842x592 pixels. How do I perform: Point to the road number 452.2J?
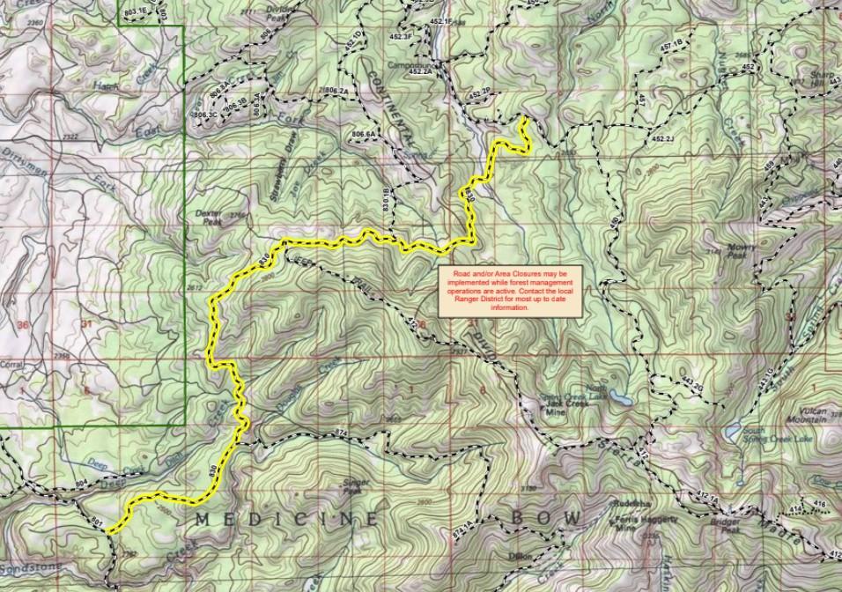tap(661, 139)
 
